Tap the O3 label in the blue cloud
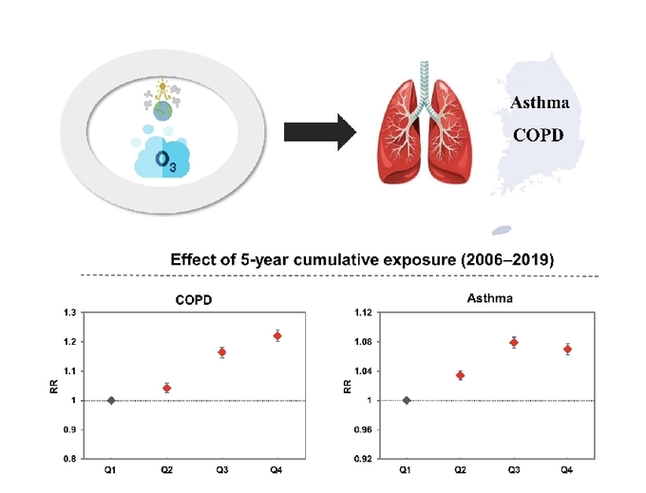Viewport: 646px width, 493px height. click(x=164, y=162)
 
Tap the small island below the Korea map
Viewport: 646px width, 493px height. click(x=501, y=229)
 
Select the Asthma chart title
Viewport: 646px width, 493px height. click(x=489, y=298)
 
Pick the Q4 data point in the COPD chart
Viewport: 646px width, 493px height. click(x=277, y=335)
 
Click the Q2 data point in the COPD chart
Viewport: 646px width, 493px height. click(x=166, y=388)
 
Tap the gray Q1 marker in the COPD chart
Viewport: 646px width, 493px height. click(x=111, y=400)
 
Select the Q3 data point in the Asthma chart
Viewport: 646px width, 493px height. click(x=514, y=342)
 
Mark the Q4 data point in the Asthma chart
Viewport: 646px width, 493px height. click(x=567, y=349)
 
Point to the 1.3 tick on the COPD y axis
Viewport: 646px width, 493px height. click(x=69, y=313)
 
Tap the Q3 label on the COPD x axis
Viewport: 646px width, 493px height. click(x=221, y=470)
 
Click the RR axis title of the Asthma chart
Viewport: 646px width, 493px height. click(x=348, y=386)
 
